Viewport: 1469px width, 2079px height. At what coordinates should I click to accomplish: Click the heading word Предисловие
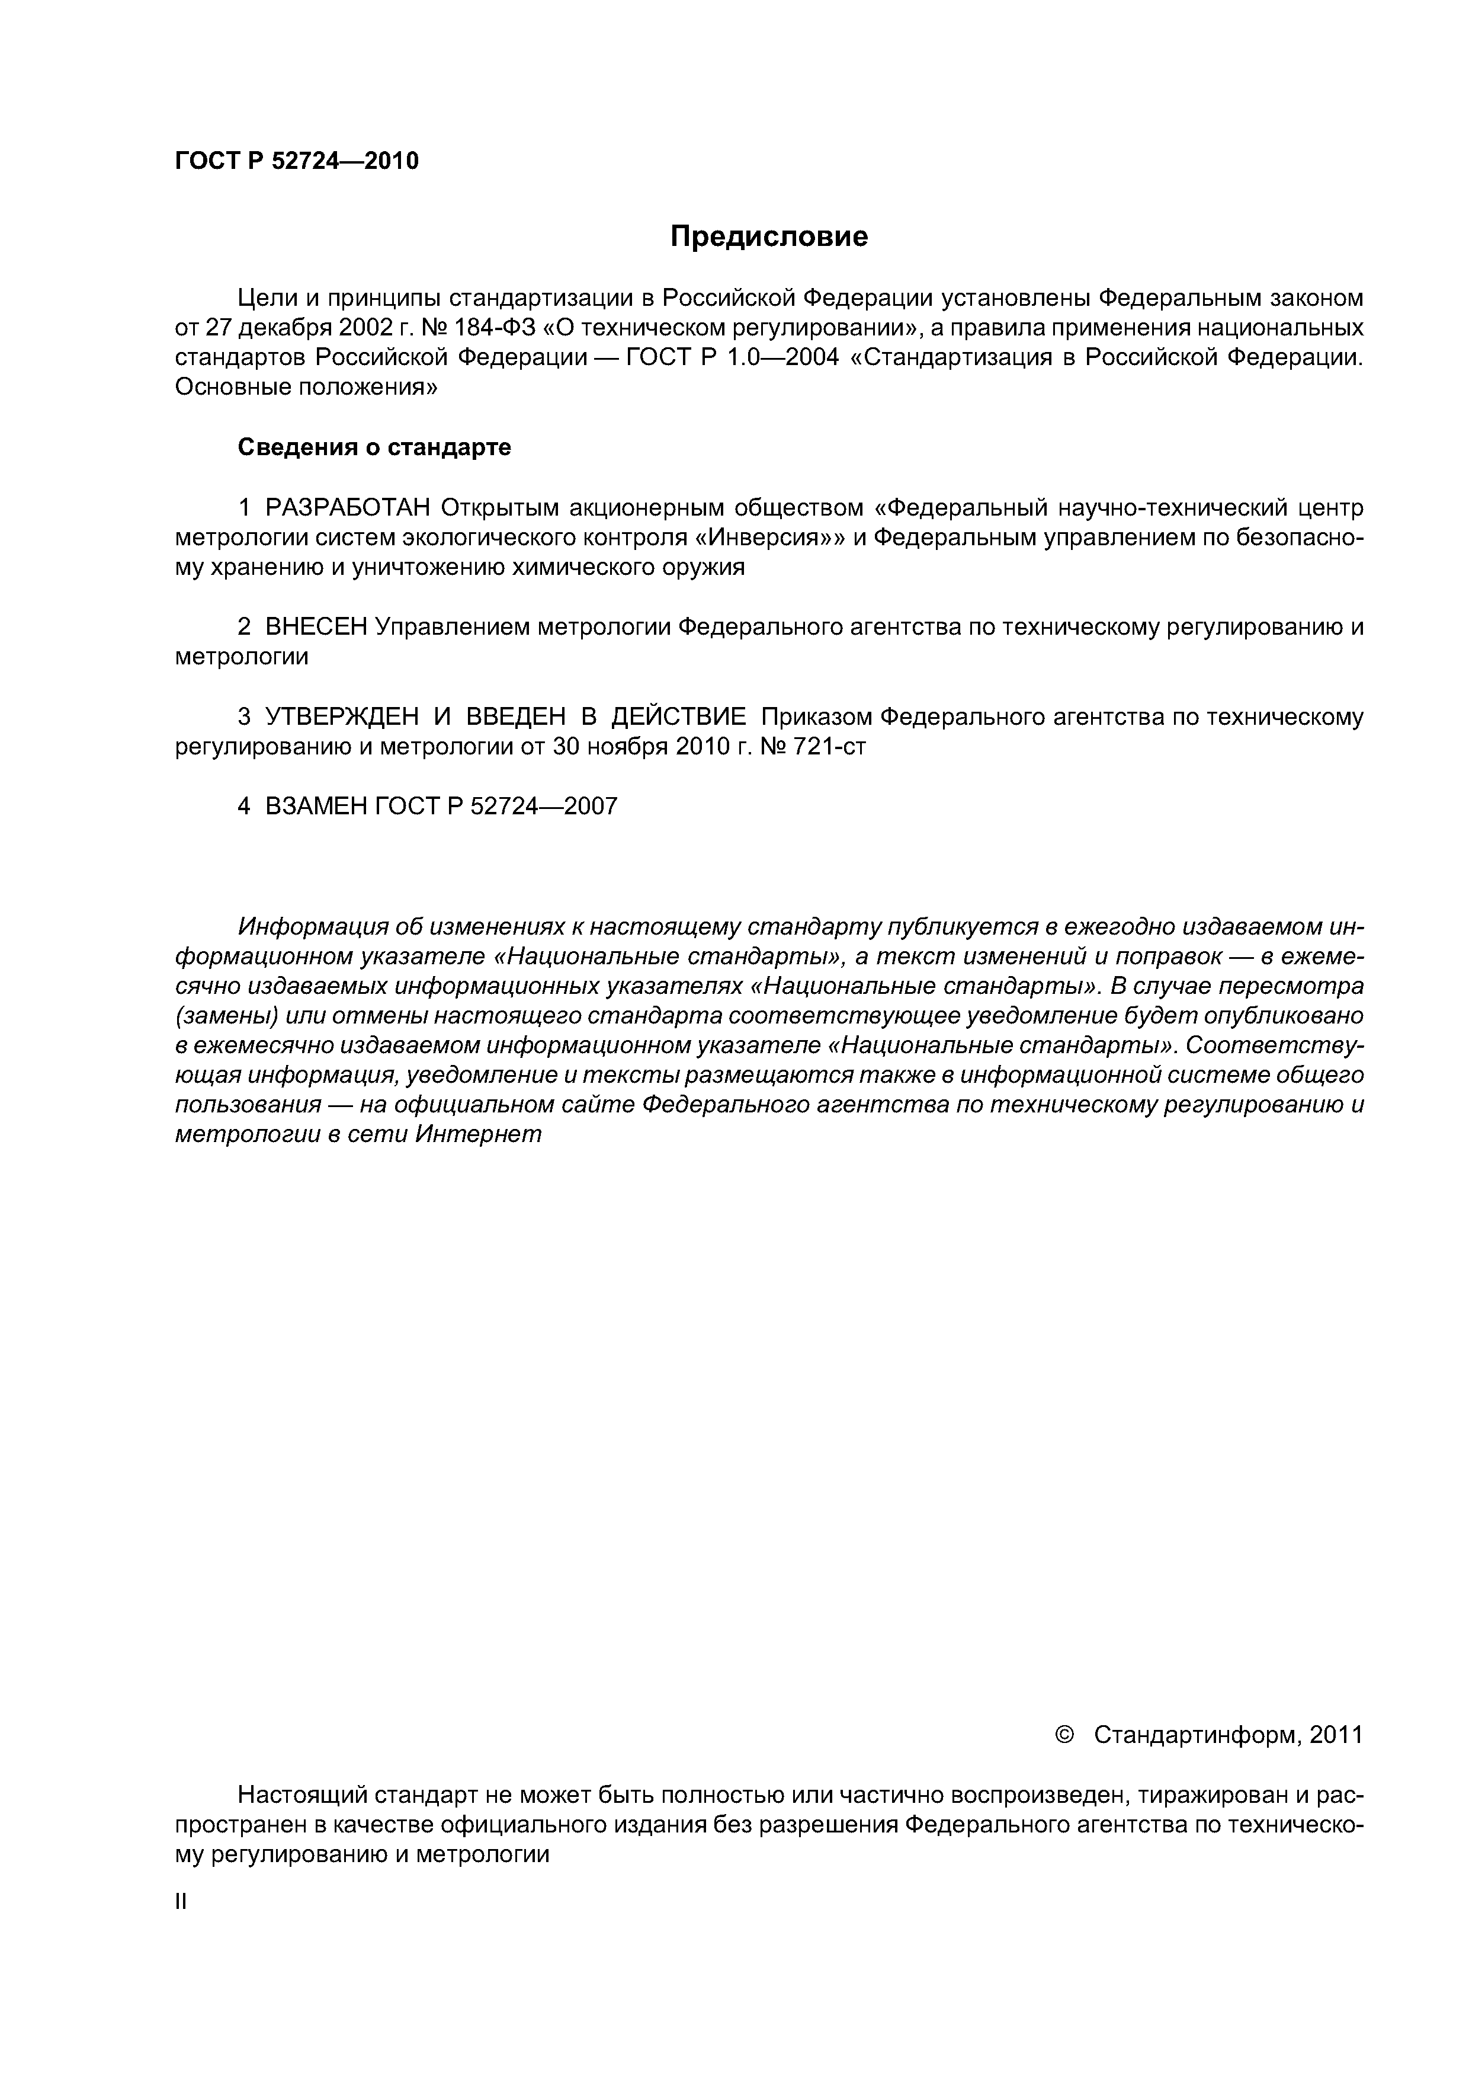(x=768, y=236)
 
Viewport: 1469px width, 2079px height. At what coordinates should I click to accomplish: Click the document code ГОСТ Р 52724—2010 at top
(x=296, y=161)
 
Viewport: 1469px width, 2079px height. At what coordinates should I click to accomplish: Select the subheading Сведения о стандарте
(x=374, y=447)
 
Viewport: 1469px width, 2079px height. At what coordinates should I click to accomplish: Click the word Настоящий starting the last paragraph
(x=300, y=1795)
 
